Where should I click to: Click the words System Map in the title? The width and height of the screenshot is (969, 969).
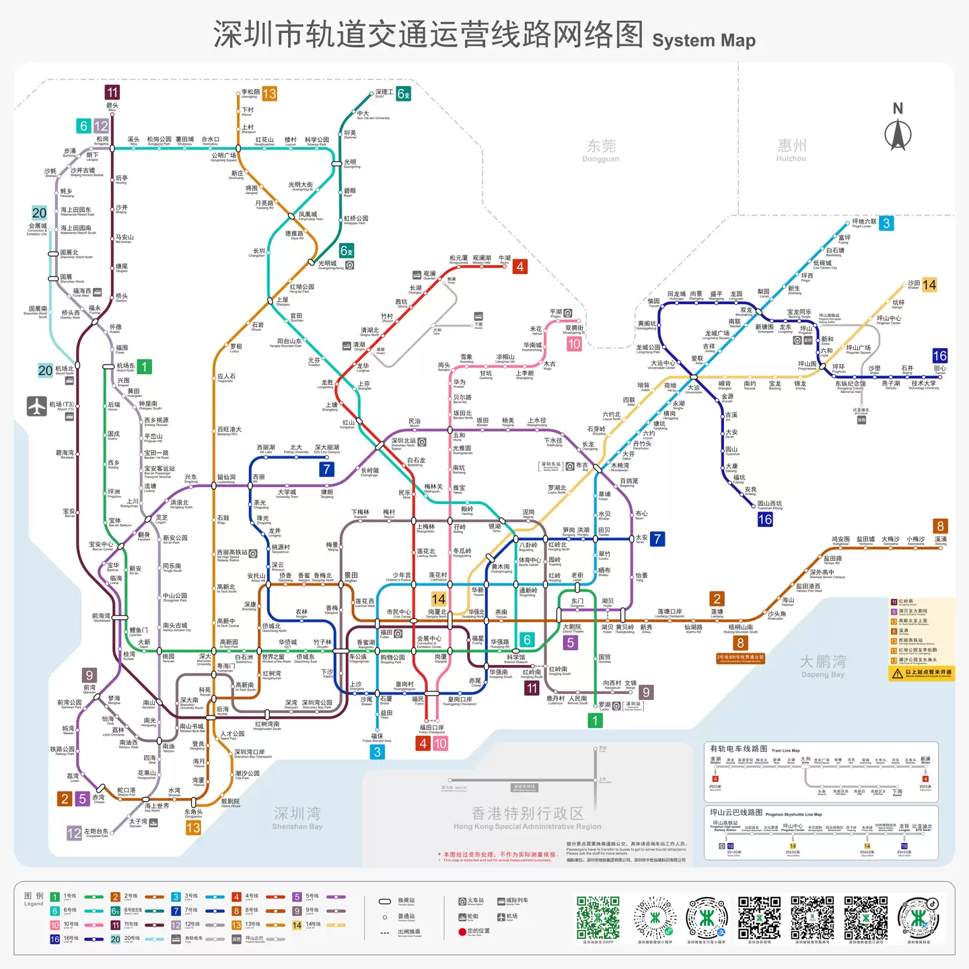click(703, 40)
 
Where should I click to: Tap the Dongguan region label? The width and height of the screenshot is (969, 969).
click(601, 150)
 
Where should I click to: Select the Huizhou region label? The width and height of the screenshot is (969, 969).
click(791, 149)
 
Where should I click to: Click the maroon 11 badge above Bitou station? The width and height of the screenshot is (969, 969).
click(112, 92)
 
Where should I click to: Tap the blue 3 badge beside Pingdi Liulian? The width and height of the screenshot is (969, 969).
click(886, 223)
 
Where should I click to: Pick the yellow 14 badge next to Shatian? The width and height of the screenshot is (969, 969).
click(929, 285)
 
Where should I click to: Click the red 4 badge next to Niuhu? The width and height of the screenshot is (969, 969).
click(519, 266)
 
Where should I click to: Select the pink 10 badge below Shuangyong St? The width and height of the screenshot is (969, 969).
click(574, 344)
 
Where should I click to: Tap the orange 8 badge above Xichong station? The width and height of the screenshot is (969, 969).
click(941, 526)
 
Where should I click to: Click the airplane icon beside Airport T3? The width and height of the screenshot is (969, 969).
click(36, 406)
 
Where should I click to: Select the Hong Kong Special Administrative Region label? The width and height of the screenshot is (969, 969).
click(527, 818)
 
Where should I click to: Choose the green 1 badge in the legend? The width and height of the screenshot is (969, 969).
click(55, 896)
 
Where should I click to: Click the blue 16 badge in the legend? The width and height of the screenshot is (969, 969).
click(55, 939)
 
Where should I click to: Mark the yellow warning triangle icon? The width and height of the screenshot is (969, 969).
click(897, 673)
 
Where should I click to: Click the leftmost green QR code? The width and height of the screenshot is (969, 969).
click(598, 917)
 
